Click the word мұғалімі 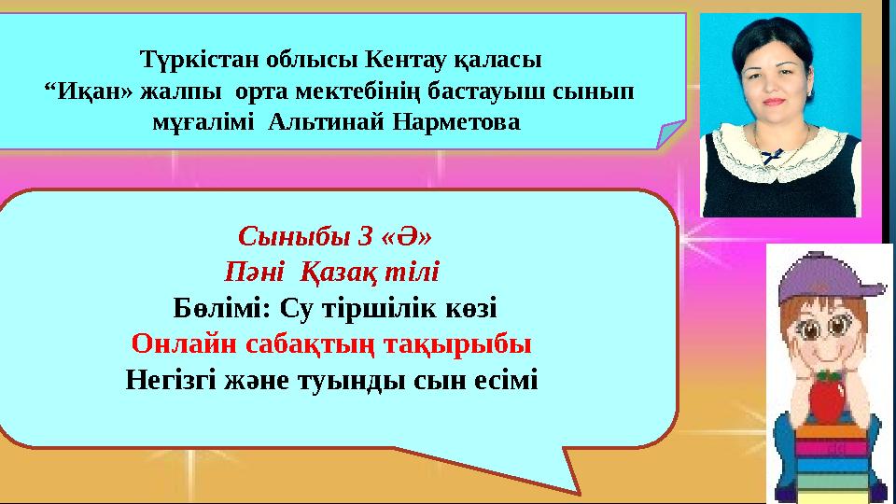203,123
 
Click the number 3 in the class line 365,236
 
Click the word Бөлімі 222,309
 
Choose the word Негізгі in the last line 170,380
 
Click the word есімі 506,380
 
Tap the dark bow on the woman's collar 773,155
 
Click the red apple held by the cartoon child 828,398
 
